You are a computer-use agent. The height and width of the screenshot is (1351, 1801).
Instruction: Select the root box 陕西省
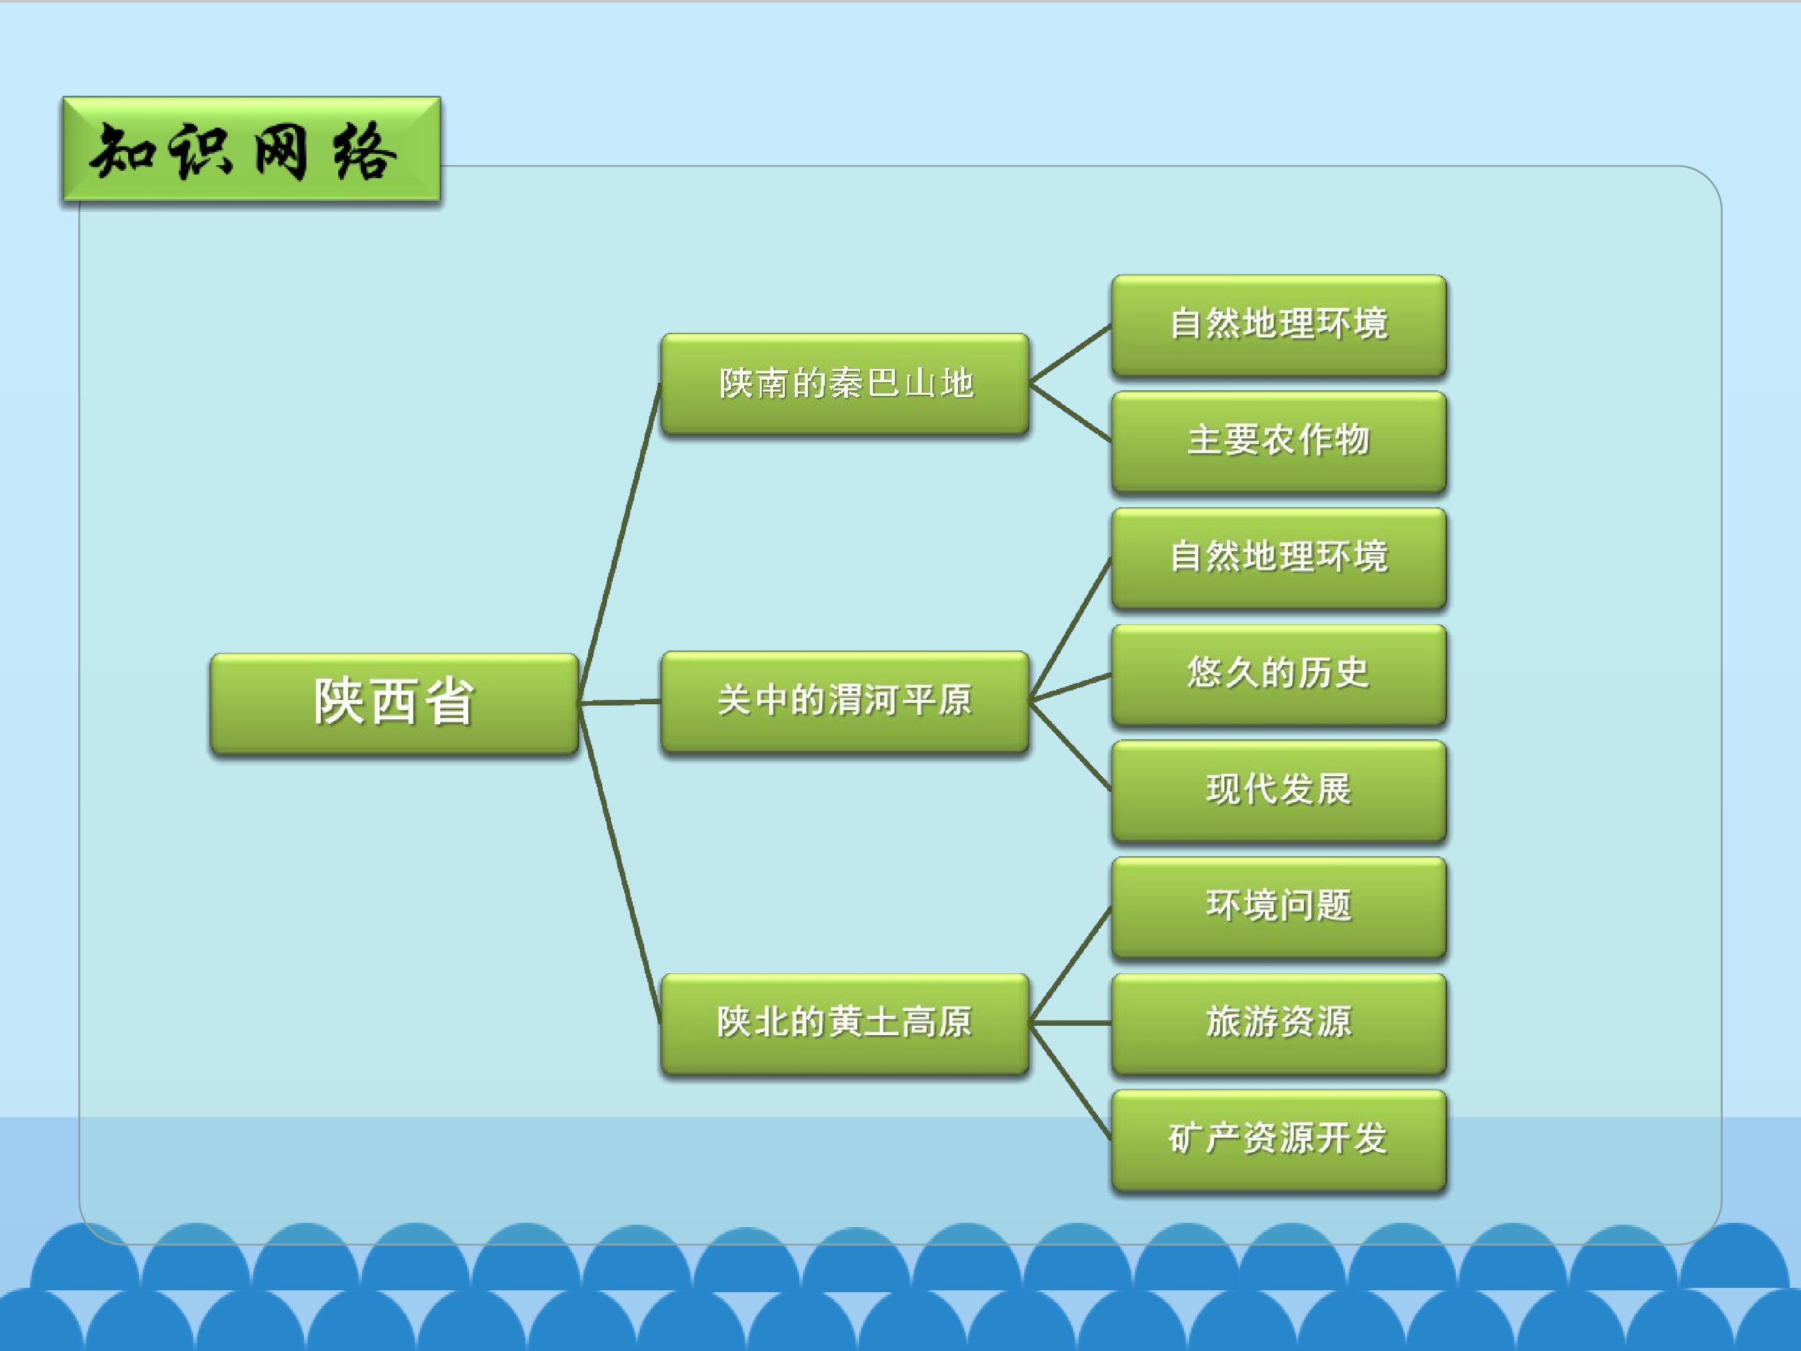coord(394,704)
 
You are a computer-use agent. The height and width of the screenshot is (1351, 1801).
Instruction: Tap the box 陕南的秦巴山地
coord(845,383)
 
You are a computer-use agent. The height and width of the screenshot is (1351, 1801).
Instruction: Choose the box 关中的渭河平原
coord(845,701)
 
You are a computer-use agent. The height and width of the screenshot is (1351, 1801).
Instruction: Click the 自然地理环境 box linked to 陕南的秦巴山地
coord(1279,325)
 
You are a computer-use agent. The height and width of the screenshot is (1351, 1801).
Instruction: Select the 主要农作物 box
coord(1279,442)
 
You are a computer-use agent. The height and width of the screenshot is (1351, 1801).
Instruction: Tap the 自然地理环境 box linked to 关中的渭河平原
coord(1279,558)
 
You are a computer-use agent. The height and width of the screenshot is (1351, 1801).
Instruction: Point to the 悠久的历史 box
coord(1279,674)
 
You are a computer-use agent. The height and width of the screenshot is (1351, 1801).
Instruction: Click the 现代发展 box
coord(1279,791)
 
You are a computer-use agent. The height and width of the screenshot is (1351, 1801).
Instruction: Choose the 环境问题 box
coord(1279,907)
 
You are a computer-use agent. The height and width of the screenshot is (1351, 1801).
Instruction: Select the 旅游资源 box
coord(1279,1024)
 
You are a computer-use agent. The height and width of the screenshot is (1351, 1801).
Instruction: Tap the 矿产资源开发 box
coord(1279,1140)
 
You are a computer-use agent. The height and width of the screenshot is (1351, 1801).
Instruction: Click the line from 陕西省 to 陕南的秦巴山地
coord(620,543)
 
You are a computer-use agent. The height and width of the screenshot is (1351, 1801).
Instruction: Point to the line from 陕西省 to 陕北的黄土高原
coord(620,863)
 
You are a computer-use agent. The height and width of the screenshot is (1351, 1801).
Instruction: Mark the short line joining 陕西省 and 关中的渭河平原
coord(620,702)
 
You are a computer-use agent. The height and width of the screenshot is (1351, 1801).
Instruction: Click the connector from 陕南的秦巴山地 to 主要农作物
coord(1071,413)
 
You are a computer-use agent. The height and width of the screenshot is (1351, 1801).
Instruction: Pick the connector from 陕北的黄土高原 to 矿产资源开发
coord(1071,1081)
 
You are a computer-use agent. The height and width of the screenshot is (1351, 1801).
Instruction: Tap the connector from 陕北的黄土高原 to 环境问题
coord(1071,965)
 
